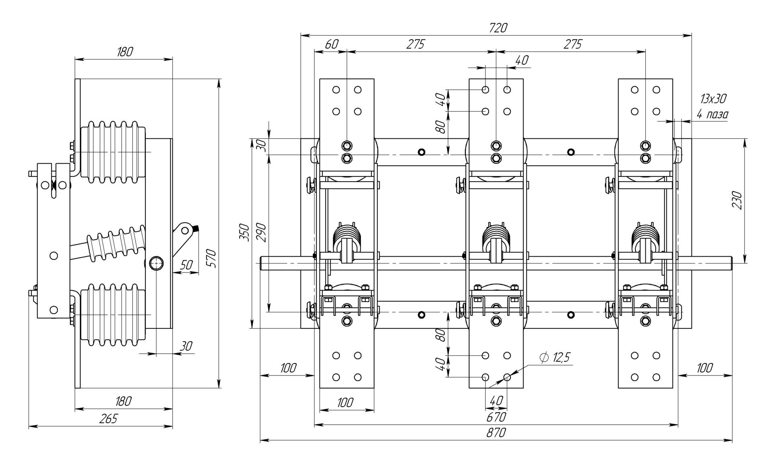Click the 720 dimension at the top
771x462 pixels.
(x=498, y=28)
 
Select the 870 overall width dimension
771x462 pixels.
(x=496, y=433)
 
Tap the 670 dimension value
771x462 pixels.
(x=496, y=417)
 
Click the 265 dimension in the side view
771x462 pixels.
(x=108, y=419)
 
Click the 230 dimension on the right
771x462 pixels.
(x=737, y=200)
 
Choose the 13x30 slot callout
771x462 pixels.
(x=713, y=98)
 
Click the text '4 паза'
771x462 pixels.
(x=712, y=115)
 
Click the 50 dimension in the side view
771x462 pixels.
(x=186, y=265)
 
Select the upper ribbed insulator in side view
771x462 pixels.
(x=113, y=152)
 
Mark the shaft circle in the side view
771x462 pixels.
(x=156, y=263)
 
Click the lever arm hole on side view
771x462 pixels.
(x=185, y=230)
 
